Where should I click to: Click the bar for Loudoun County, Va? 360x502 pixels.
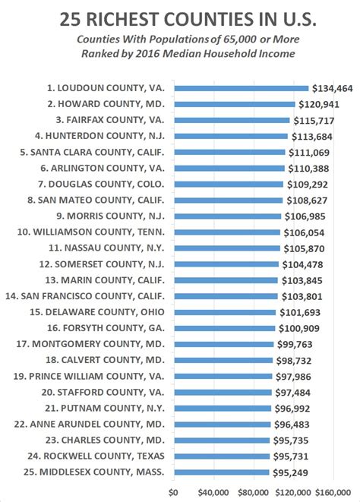pyautogui.click(x=242, y=88)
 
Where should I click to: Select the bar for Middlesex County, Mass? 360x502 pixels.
pyautogui.click(x=222, y=472)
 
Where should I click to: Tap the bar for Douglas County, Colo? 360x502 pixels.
pyautogui.click(x=229, y=185)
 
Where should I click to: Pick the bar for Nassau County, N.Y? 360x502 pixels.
pyautogui.click(x=227, y=248)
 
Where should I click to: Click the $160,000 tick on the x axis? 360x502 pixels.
pyautogui.click(x=335, y=491)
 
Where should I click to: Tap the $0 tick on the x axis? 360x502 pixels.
pyautogui.click(x=173, y=491)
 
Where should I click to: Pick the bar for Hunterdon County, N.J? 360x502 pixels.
pyautogui.click(x=231, y=136)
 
